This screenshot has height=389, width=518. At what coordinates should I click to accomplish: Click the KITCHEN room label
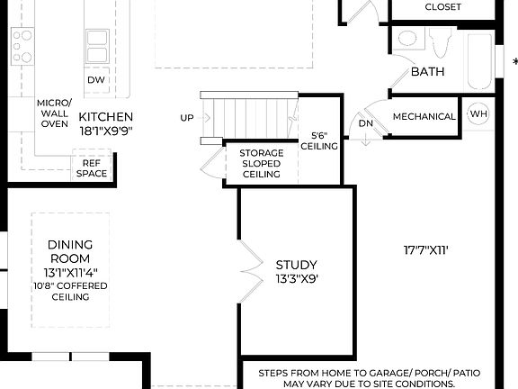[x=105, y=117]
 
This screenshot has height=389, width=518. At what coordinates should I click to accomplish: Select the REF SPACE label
[x=92, y=168]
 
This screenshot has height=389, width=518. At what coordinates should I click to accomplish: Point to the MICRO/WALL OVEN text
[x=54, y=113]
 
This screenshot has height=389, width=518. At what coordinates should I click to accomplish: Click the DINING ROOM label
[x=68, y=251]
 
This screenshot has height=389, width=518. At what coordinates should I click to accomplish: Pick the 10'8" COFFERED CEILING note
[x=69, y=292]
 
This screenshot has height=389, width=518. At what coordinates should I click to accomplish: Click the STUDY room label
[x=296, y=265]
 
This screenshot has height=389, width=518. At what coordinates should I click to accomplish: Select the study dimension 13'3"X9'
[x=296, y=279]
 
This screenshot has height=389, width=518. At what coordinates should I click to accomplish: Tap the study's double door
[x=247, y=271]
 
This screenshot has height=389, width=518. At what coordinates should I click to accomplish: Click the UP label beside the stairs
[x=187, y=118]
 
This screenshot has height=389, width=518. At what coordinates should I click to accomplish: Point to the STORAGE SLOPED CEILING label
[x=262, y=164]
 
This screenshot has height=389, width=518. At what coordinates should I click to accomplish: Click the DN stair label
[x=365, y=123]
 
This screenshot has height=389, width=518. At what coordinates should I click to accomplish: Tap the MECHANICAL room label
[x=424, y=116]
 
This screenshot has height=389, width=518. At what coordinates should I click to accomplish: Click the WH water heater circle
[x=478, y=114]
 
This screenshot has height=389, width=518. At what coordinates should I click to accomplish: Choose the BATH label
[x=428, y=71]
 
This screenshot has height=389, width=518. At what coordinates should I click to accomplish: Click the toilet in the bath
[x=440, y=41]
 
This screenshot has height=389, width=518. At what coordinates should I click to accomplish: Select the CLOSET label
[x=442, y=7]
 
